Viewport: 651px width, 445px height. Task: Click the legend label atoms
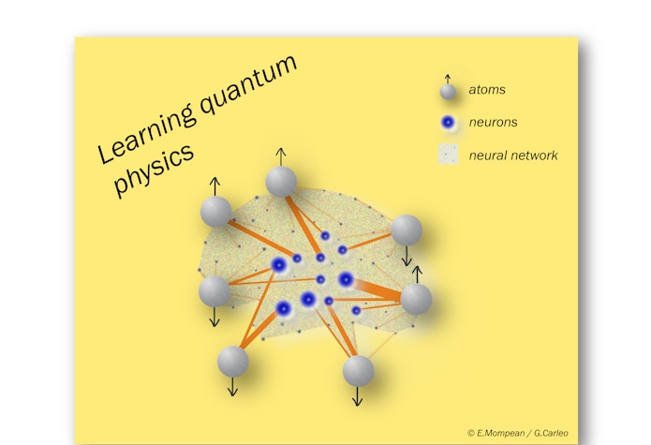coord(488,91)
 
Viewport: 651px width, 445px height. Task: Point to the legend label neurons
coord(494,122)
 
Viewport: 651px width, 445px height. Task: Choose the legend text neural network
coord(513,155)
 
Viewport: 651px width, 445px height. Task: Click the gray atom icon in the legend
coord(448,93)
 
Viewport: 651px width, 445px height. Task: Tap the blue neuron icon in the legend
coord(448,123)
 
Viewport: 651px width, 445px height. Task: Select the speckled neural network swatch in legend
coord(448,155)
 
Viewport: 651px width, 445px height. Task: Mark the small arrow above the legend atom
coord(448,79)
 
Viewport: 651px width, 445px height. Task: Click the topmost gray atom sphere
coord(281,181)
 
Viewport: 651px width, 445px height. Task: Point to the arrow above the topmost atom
coord(280,155)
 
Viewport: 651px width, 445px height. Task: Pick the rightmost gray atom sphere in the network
coord(416,299)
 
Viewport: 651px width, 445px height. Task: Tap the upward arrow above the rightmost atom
coord(417,274)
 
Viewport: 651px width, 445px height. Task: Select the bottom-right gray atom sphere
coord(358,371)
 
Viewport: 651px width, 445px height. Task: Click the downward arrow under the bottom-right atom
coord(357,397)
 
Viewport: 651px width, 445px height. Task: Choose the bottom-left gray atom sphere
coord(232,361)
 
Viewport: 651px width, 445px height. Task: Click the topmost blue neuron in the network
coord(325,236)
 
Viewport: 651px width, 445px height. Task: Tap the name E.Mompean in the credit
coord(496,433)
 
